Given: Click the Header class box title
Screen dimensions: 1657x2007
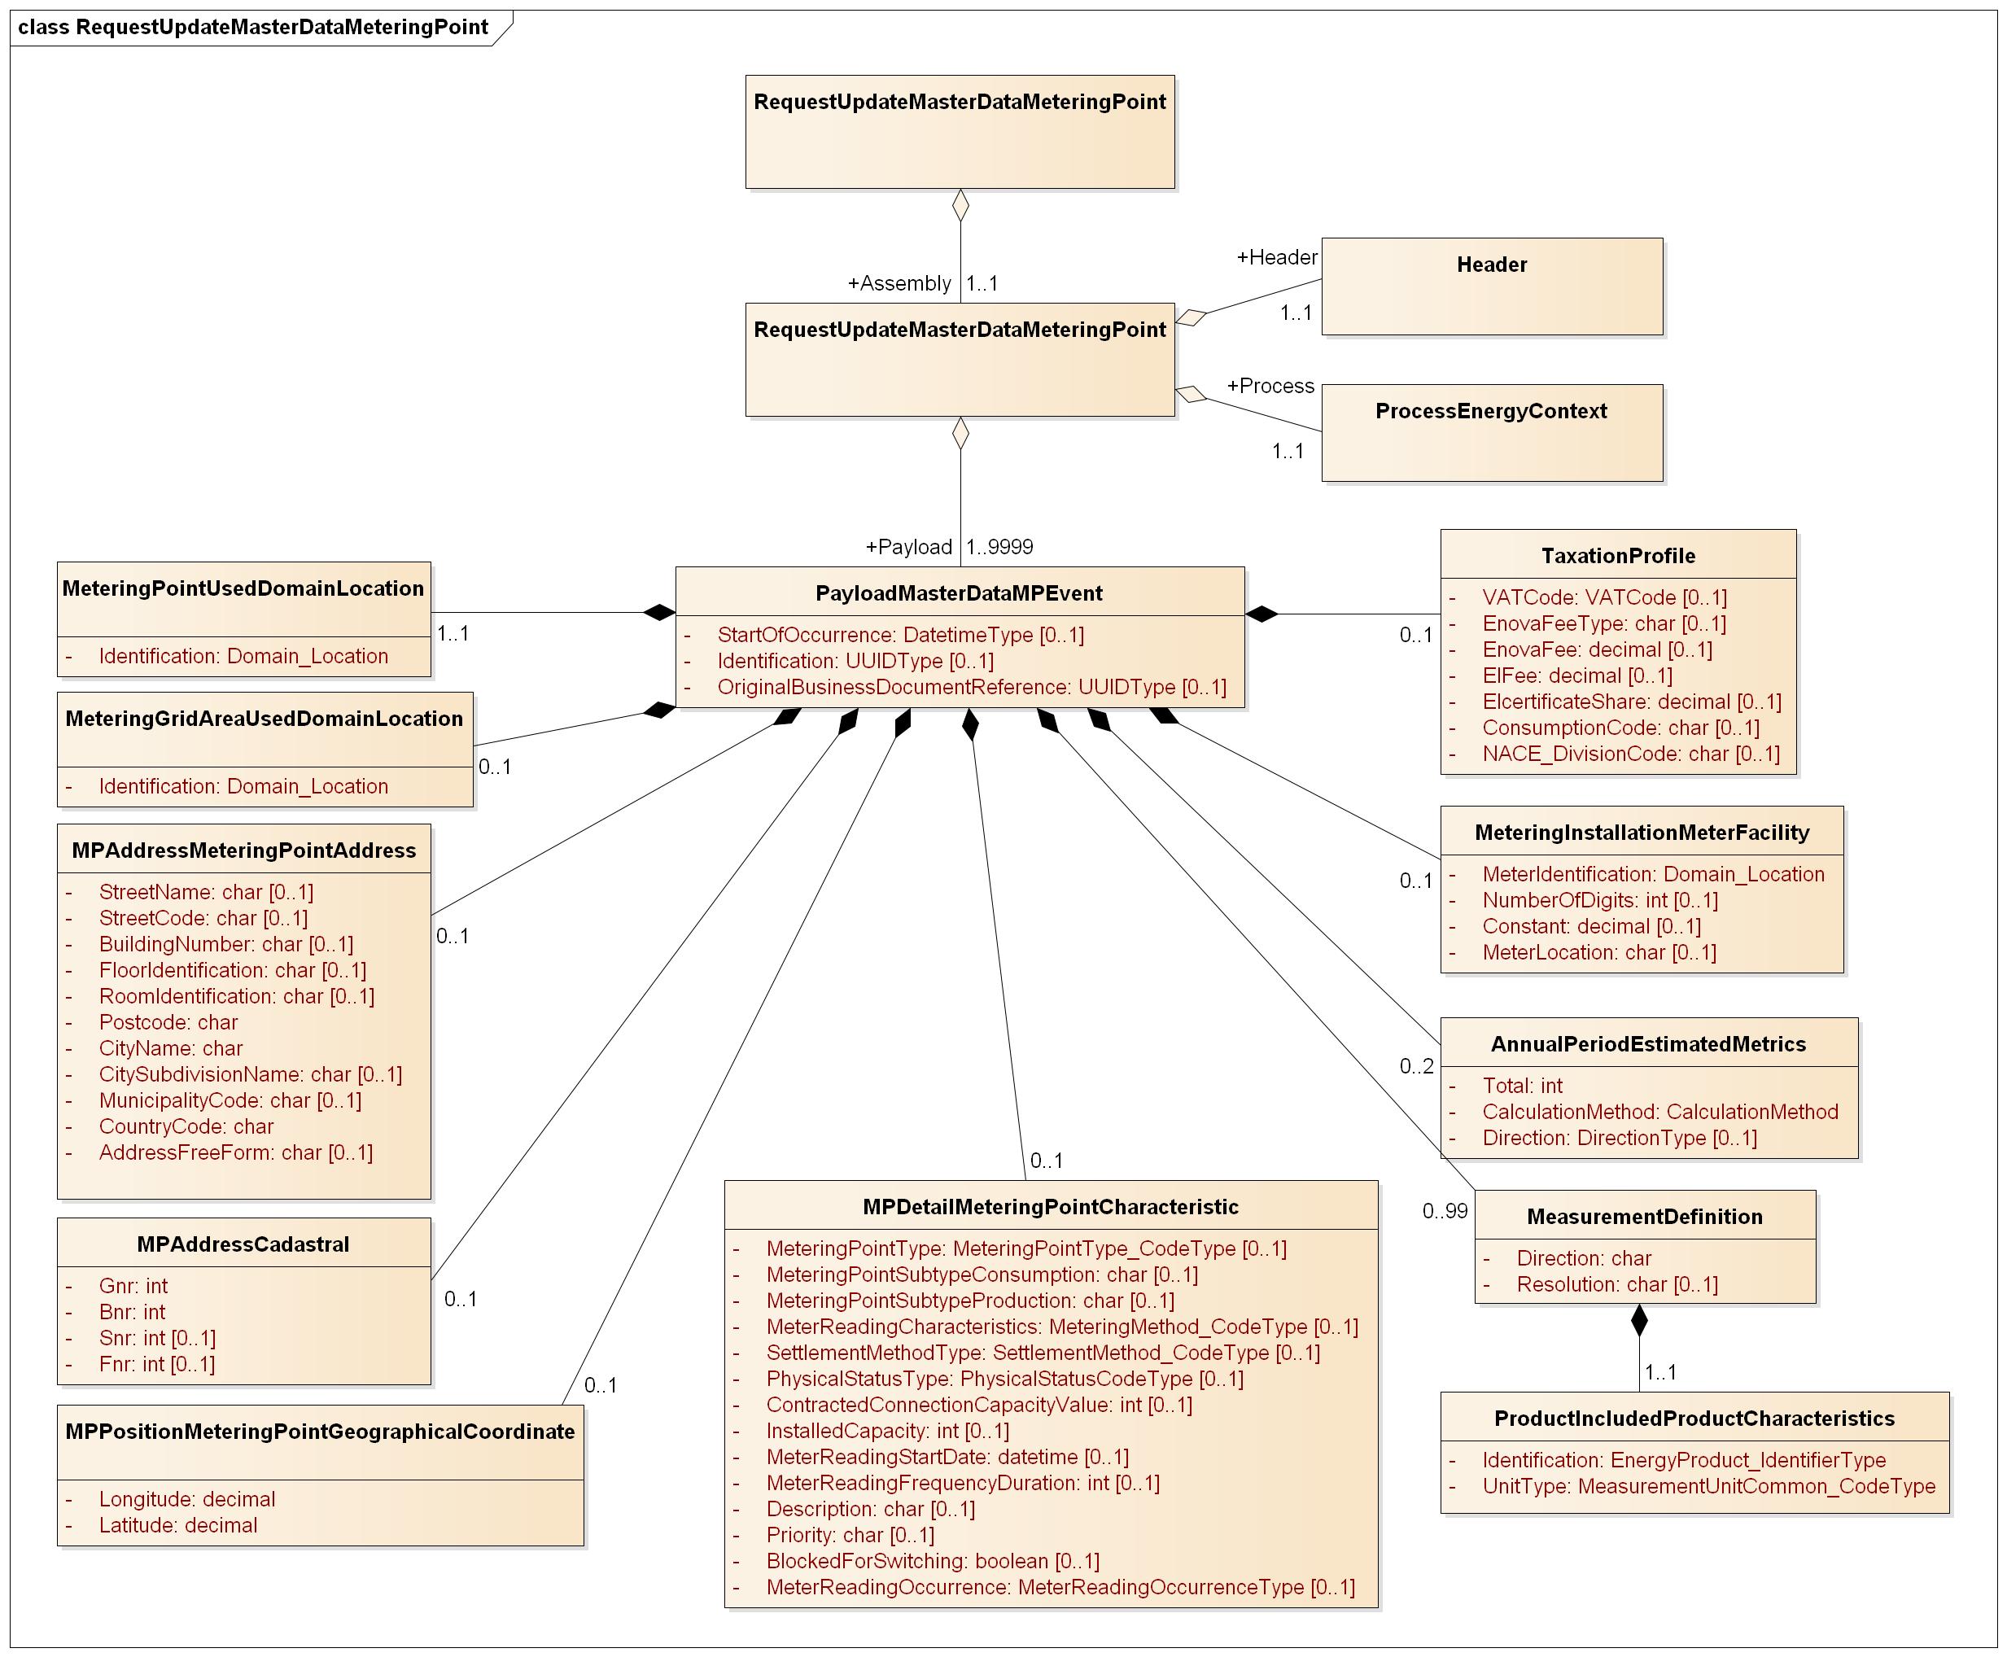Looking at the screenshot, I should [1491, 265].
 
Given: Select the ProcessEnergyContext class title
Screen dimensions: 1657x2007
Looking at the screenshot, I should [1491, 411].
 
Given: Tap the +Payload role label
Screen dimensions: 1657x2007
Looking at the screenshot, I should [907, 547].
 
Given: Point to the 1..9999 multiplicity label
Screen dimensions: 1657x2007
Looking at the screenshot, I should [999, 547].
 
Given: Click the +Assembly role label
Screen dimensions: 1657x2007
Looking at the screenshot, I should [899, 283].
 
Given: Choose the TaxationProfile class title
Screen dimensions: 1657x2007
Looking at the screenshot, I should [1618, 557].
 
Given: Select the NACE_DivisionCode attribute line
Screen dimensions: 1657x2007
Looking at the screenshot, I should [1630, 754].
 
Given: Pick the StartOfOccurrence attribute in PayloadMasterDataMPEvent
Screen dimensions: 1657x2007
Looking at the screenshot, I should [900, 636].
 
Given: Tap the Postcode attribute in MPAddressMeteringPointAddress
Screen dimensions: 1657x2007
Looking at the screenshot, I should [168, 1022].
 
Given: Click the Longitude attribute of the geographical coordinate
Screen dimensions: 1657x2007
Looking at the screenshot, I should [187, 1499].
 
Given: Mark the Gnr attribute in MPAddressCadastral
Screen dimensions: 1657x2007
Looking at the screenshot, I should [133, 1287].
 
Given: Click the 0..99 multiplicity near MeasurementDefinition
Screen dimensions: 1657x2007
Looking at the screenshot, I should [1445, 1211].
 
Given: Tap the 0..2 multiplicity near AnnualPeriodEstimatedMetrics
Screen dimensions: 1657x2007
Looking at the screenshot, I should [1416, 1066].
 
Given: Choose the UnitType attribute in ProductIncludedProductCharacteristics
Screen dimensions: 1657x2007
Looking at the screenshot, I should [1708, 1487].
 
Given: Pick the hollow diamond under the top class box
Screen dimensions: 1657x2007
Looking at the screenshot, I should [961, 205].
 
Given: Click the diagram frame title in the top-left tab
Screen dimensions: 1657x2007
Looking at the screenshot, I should [253, 27].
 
